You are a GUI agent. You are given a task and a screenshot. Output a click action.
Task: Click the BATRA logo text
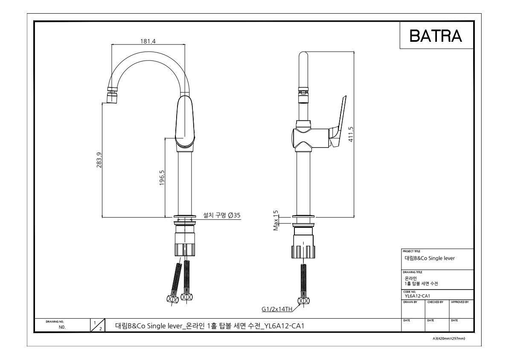point(436,36)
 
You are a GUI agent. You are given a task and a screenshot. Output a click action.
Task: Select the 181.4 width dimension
point(148,41)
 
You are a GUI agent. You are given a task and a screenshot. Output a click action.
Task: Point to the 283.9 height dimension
point(99,160)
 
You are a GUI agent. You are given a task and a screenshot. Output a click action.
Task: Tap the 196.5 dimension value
point(162,178)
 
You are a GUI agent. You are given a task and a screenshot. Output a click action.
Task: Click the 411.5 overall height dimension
point(351,134)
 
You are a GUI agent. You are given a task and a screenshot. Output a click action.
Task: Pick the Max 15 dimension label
point(276,221)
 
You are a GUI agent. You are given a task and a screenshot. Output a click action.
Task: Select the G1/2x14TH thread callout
point(277,309)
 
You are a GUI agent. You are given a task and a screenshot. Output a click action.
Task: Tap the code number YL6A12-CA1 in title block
point(417,296)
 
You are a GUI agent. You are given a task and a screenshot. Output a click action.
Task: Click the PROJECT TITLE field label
point(411,251)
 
